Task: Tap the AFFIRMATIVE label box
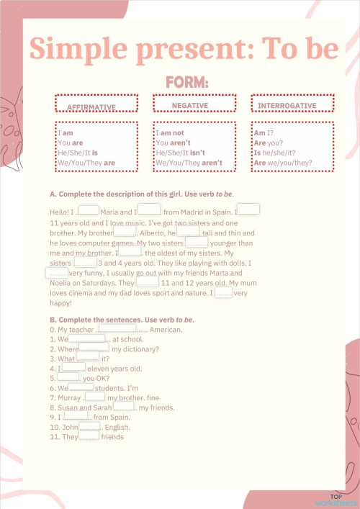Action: coord(96,104)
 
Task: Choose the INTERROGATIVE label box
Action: coord(292,104)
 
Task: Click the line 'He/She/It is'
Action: coord(77,153)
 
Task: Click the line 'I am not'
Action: coord(171,133)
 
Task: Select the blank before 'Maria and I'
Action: coord(88,211)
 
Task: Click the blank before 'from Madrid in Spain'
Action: coord(150,210)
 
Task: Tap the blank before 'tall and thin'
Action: coord(188,232)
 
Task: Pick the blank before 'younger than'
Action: coord(197,243)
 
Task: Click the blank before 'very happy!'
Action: coord(223,292)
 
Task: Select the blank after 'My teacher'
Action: coord(117,328)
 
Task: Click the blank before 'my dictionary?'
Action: coord(94,348)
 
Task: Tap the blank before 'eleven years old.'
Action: coord(74,367)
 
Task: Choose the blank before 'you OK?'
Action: coord(68,377)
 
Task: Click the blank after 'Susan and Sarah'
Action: coord(124,407)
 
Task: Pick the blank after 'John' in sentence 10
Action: coord(90,426)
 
